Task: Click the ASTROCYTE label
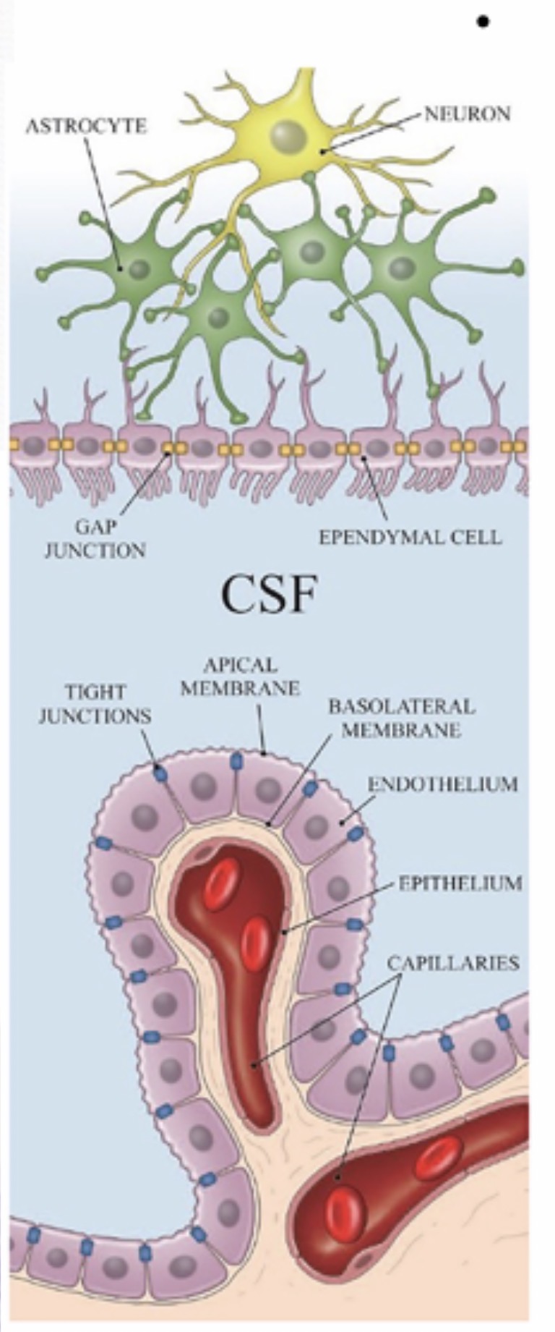[86, 126]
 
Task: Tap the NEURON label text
[467, 114]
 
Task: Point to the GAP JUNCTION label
[95, 539]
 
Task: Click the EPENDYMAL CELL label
[410, 538]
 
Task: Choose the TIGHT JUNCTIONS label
[95, 703]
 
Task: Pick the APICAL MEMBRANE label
[240, 676]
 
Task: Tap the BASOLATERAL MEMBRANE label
[401, 717]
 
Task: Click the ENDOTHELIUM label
[442, 784]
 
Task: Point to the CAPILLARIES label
[453, 963]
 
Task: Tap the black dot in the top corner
[483, 22]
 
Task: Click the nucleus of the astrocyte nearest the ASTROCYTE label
[139, 270]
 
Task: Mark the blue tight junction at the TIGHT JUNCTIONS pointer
[160, 773]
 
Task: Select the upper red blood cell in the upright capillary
[217, 887]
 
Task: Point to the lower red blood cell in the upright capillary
[254, 943]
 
